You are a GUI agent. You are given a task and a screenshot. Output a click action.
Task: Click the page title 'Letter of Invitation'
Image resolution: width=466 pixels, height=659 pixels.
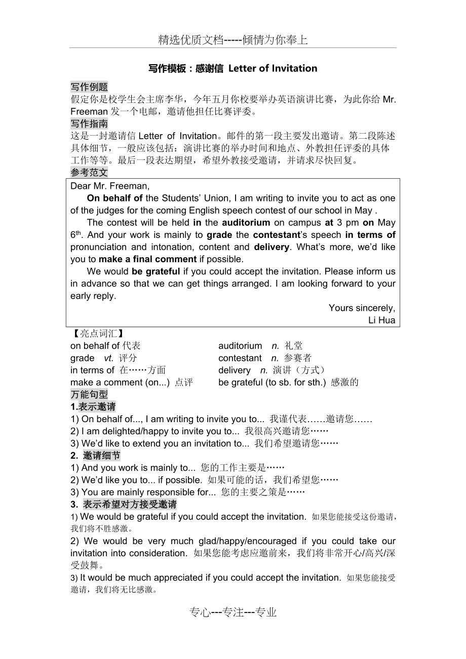coord(273,68)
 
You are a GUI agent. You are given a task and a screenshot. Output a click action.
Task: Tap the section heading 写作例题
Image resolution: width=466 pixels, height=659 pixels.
coord(89,87)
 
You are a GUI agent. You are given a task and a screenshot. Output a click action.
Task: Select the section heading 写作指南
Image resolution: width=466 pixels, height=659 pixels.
coord(89,123)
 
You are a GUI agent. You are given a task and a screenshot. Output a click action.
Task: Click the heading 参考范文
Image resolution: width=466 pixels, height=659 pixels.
coord(89,173)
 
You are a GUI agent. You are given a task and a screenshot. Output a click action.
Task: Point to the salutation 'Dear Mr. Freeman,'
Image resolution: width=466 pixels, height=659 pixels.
coord(110,186)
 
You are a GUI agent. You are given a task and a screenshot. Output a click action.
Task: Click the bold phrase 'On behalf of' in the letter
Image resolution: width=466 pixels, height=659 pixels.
coord(114,198)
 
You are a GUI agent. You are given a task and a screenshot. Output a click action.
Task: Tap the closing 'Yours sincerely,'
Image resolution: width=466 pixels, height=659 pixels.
coord(362,308)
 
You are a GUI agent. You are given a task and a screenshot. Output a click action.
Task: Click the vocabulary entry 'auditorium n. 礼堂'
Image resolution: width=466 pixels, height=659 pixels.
coord(260,346)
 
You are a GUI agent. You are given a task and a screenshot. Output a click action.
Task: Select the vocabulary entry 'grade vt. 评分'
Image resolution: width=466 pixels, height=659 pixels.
coord(103,358)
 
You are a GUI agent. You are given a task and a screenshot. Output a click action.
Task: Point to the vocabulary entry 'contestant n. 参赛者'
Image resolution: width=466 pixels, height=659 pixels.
coord(265,358)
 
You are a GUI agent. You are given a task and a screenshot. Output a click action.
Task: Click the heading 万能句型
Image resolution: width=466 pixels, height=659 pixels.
coord(89,394)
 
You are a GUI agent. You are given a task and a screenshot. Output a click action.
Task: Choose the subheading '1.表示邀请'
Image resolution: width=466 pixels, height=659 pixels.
coord(93,406)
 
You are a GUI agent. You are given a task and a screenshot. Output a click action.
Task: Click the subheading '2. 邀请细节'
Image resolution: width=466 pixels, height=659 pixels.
coord(95,456)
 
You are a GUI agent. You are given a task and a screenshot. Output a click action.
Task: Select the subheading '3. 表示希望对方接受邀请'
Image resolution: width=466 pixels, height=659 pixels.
coord(124,504)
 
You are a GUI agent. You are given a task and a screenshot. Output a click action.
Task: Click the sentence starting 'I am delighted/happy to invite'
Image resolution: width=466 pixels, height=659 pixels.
coord(200,431)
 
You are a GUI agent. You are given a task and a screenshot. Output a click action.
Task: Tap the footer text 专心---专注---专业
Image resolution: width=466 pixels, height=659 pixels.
coord(233,612)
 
